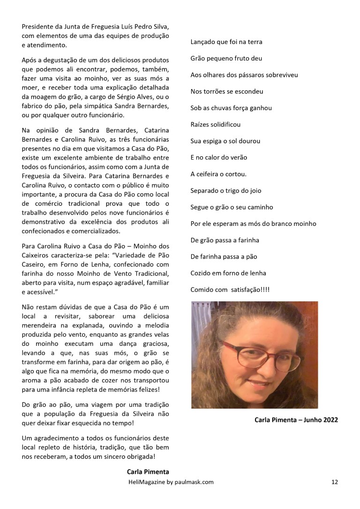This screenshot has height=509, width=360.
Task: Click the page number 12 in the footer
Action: coord(334,481)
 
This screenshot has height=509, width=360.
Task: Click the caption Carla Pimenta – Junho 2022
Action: coord(296,420)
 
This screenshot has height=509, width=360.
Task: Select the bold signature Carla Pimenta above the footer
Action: coord(147,472)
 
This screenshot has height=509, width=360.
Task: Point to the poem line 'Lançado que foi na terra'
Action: coord(226,42)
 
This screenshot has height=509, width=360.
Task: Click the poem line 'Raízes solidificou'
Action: coord(215,125)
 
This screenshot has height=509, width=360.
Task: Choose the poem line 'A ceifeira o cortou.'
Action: coord(218,174)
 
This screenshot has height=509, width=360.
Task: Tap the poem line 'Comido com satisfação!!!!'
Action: coord(230,290)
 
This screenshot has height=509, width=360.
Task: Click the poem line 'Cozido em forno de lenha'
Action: coord(228,273)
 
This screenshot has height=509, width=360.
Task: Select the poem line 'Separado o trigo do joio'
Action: coord(225,191)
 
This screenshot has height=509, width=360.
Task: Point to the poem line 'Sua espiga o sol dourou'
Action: coord(225,141)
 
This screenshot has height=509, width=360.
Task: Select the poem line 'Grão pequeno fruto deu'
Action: coord(226,59)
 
